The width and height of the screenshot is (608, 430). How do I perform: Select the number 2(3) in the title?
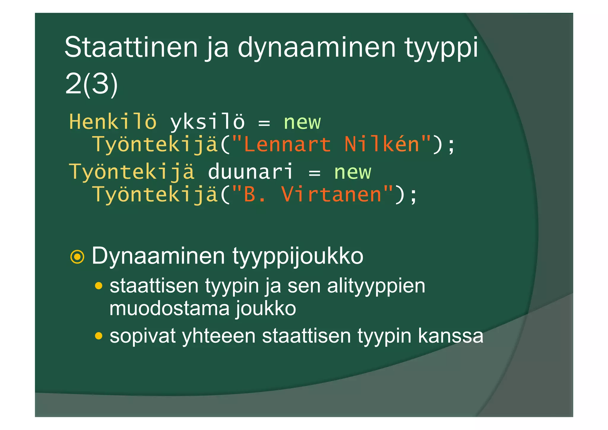coord(91,84)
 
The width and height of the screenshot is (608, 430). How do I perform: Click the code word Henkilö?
coord(113,122)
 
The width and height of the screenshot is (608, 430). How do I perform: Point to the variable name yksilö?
coord(207,122)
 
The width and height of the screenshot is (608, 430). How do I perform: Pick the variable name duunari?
coord(250,172)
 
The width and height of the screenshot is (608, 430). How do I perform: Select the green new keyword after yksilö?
coord(302,122)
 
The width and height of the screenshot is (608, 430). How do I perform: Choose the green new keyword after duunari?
coord(352,172)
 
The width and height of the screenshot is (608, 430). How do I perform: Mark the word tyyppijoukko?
coord(298,256)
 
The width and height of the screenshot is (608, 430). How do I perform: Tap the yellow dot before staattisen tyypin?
coord(99,286)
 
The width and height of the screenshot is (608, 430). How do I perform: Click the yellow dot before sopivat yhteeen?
coord(99,336)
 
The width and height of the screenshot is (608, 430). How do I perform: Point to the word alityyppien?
coord(376,286)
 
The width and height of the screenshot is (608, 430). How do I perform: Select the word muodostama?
coord(169,308)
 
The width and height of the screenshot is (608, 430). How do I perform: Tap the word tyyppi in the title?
coord(441,48)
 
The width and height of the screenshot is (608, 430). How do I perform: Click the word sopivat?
coord(142,336)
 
